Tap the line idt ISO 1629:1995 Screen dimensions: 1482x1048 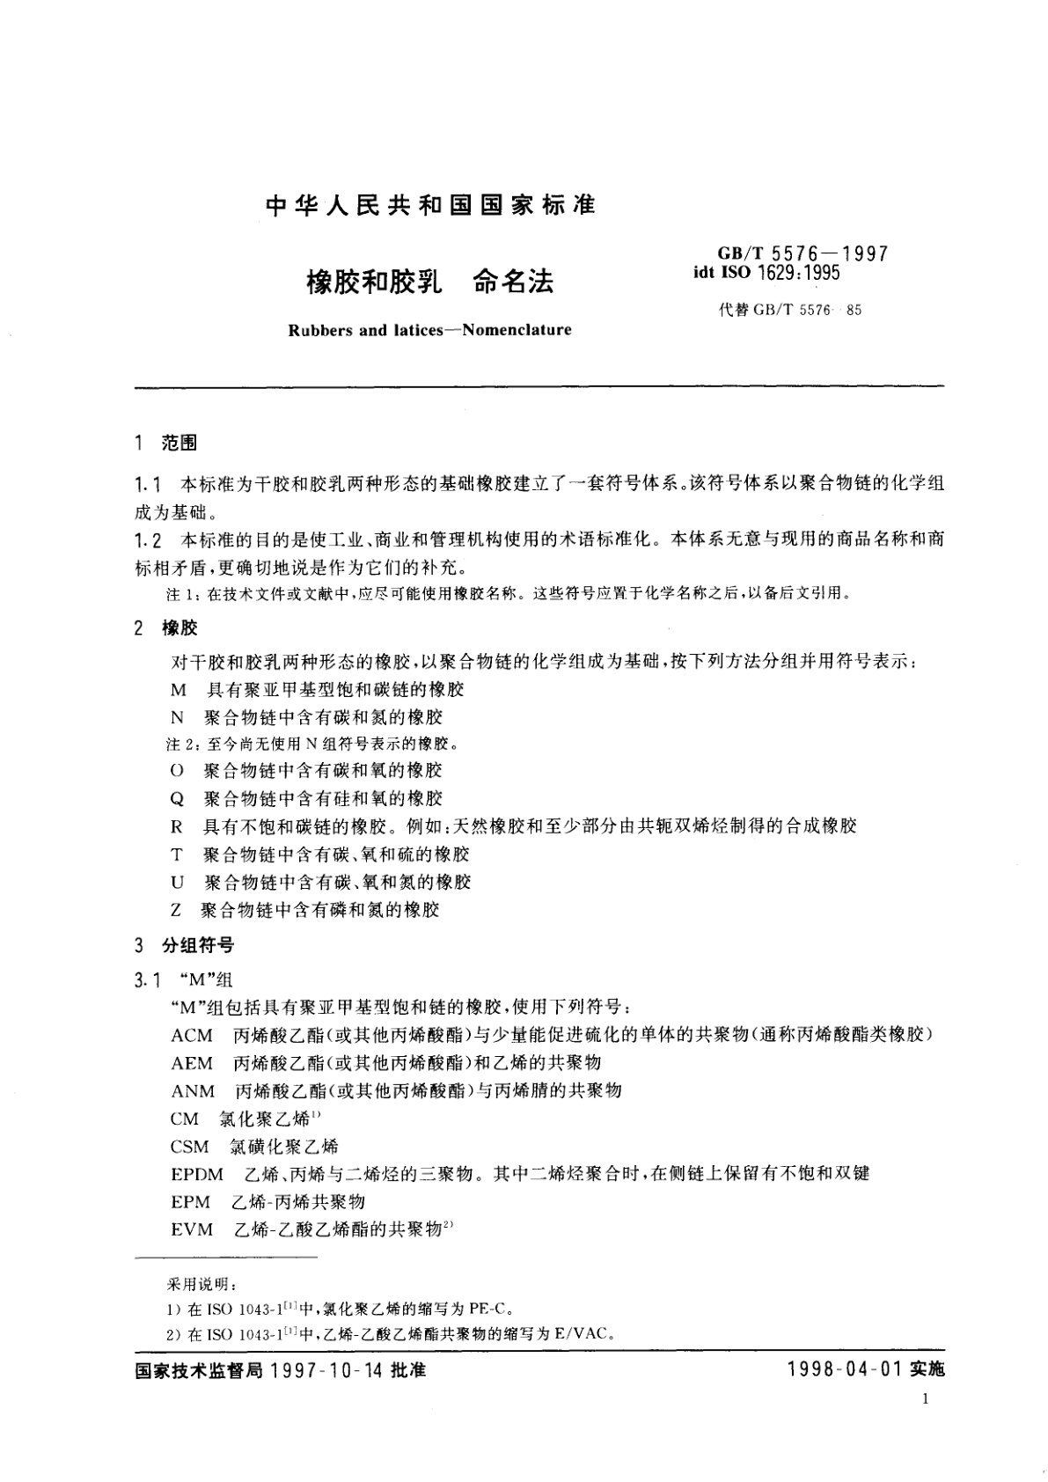[766, 273]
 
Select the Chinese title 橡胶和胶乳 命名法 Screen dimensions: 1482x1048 [429, 282]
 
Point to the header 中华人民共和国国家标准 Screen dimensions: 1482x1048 [430, 205]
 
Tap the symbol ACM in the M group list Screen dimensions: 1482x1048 [192, 1035]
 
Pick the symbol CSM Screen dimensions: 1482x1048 [190, 1147]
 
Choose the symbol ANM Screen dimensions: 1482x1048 [193, 1091]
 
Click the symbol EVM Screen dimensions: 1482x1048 [192, 1229]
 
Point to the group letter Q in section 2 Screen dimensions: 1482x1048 [177, 799]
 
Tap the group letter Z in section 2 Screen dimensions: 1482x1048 [177, 910]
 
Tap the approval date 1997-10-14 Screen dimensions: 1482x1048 [326, 1371]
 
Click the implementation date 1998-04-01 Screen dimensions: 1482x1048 [844, 1371]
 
